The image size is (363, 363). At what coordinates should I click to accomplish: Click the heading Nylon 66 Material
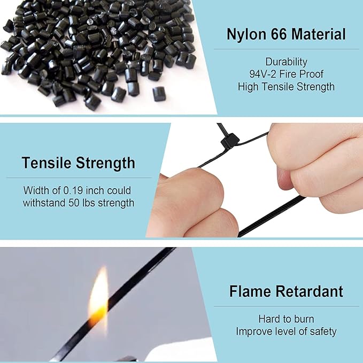pos(286,35)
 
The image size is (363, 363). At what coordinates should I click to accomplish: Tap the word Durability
pos(286,61)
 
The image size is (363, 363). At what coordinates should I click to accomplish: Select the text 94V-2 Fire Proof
pos(286,74)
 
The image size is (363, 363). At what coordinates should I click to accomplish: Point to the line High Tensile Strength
pos(286,86)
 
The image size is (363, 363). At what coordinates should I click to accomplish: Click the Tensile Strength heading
pos(79,163)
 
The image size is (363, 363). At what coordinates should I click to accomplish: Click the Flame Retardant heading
pos(286,292)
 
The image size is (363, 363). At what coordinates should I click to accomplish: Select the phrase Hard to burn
pos(286,319)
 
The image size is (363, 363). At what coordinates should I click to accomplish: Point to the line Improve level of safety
pos(286,331)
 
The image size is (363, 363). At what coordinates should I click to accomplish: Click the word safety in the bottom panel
pos(323,331)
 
